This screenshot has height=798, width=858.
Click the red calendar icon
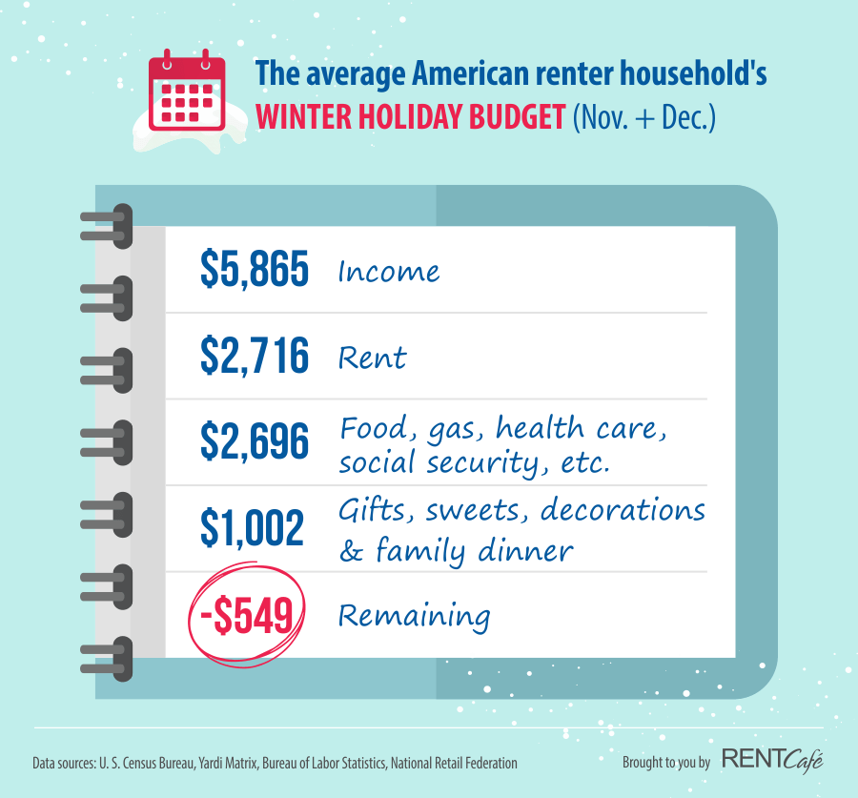187,91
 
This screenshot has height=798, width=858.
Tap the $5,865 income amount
255,268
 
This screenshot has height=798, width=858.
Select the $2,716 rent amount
255,356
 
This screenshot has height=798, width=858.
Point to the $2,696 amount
255,441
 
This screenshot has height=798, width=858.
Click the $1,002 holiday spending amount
253,527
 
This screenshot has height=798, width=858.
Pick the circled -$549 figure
246,616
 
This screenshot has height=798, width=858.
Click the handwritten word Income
389,271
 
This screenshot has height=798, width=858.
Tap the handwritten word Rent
373,358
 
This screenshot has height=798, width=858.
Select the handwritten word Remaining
415,617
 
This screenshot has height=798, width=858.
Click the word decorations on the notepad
623,509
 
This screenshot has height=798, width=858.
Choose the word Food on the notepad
377,428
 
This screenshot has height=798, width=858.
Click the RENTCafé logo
772,761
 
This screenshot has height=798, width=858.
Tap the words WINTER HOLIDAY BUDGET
410,116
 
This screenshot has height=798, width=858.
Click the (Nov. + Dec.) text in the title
644,117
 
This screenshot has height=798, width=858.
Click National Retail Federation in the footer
454,763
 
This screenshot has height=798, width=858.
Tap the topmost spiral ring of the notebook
107,226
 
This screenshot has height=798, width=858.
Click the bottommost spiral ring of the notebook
107,659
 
